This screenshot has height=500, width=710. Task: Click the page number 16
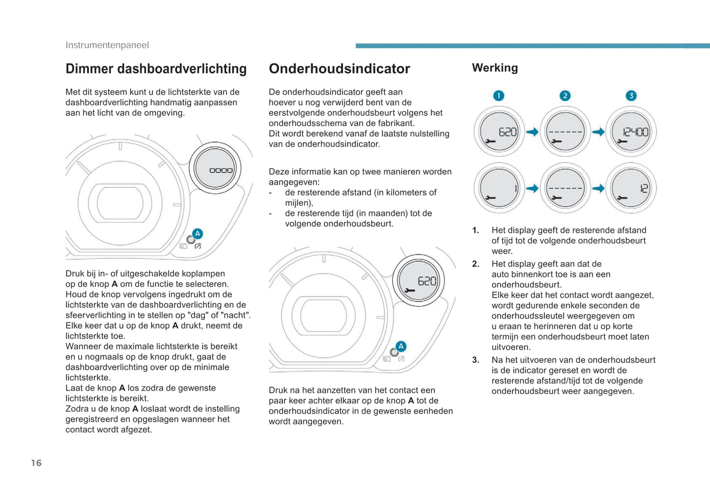(x=36, y=463)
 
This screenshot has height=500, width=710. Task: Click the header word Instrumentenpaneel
(x=107, y=45)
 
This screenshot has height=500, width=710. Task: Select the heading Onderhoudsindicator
(x=339, y=69)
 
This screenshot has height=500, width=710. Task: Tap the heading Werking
(x=495, y=68)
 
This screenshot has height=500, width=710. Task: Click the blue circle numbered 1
(x=498, y=96)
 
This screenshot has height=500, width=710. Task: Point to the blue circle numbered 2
(x=565, y=96)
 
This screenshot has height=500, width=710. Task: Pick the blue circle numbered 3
(x=631, y=96)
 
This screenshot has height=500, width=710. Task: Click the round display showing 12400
(x=631, y=132)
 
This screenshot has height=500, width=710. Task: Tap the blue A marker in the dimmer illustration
(x=198, y=234)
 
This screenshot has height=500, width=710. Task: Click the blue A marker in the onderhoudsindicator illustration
(x=401, y=346)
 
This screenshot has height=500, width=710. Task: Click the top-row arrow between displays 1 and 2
(x=532, y=132)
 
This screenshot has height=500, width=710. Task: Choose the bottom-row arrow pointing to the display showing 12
(x=598, y=188)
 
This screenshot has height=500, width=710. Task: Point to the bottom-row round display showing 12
(x=631, y=188)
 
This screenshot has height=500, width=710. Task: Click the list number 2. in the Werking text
(x=475, y=264)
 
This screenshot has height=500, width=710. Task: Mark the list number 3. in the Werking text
(x=475, y=360)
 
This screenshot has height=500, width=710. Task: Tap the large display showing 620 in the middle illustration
(x=419, y=281)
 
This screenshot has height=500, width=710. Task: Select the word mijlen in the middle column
(x=298, y=203)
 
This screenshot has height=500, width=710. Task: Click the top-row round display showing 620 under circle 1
(x=499, y=132)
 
